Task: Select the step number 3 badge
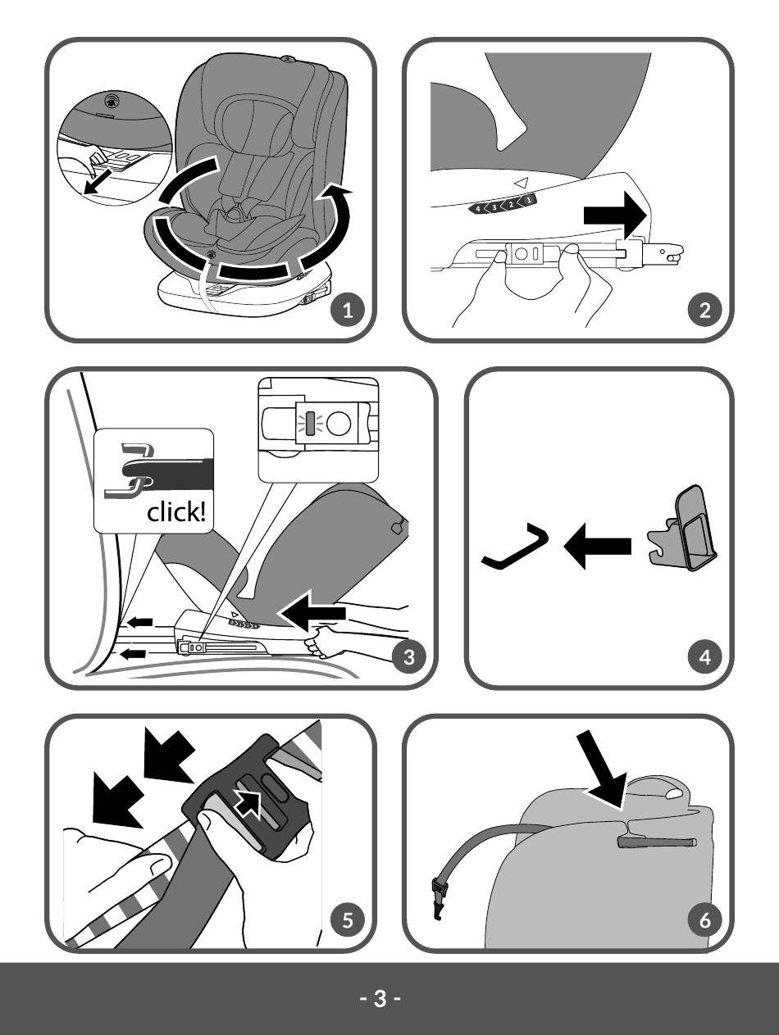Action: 409,656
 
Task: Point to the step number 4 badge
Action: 705,656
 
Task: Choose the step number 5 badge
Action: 348,919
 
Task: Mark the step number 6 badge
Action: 705,919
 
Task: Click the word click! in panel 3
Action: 176,512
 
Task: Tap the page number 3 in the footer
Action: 380,999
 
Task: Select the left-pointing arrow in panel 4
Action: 597,546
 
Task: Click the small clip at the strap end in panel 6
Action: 439,899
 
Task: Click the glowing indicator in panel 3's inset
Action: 310,423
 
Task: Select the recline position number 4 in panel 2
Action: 478,208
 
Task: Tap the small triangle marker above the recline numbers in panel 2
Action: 521,182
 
